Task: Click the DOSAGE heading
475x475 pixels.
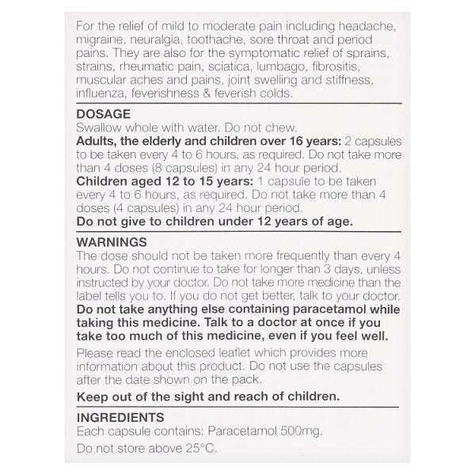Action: [x=103, y=113]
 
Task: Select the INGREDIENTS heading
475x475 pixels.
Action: [x=120, y=417]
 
